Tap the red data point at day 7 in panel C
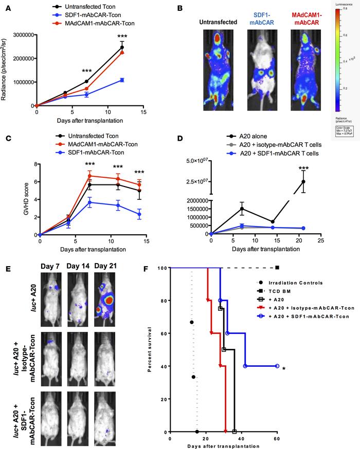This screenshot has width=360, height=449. click(90, 176)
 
